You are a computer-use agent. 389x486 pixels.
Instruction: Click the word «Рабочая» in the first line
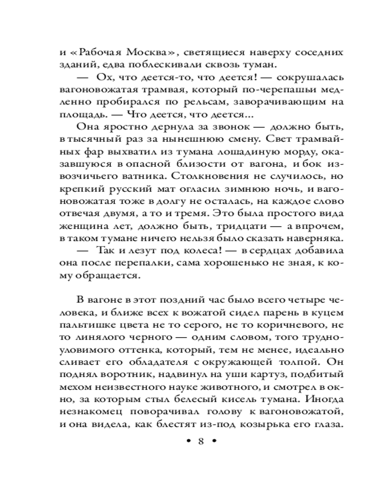[99, 52]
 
